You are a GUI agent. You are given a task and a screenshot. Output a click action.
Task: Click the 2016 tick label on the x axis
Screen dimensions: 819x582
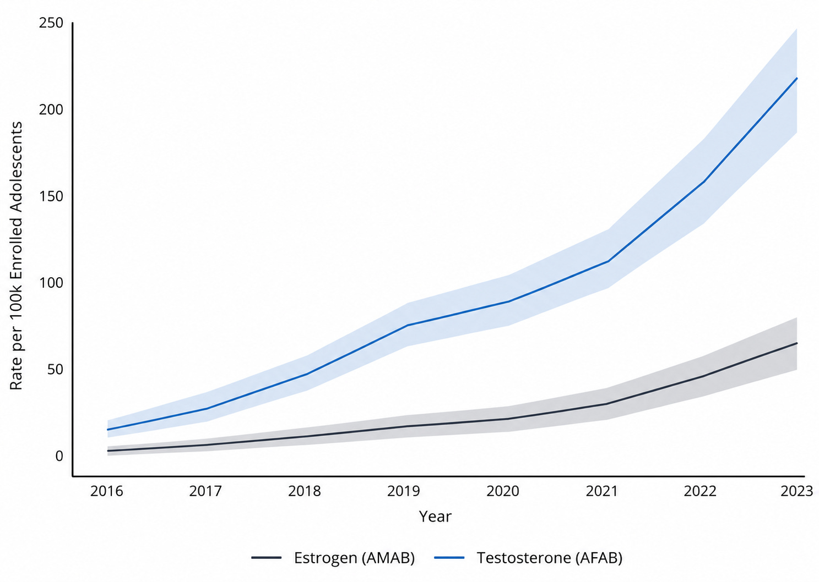coord(107,491)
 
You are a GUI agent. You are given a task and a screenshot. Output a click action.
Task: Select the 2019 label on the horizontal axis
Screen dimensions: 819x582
coord(404,491)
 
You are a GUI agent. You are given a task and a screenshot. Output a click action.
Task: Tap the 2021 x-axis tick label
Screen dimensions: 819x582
coord(602,491)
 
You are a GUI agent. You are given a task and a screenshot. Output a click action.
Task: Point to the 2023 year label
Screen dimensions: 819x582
coord(797,491)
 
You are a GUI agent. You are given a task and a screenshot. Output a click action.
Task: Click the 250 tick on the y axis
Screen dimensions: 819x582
coord(51,23)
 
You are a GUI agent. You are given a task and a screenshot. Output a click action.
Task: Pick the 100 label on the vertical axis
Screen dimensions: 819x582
coord(51,283)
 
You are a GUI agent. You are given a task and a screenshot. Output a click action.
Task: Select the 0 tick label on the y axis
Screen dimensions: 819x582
coord(59,456)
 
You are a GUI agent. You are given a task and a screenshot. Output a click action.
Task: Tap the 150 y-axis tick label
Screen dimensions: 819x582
coord(51,196)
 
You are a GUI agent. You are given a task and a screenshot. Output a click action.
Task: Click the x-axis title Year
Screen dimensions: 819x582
coord(435,517)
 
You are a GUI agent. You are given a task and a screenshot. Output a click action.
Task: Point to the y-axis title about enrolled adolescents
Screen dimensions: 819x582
coord(16,256)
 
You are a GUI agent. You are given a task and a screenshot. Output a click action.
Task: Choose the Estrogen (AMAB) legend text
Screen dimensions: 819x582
coord(354,558)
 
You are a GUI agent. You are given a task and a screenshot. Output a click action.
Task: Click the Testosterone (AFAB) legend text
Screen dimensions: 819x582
coord(550,558)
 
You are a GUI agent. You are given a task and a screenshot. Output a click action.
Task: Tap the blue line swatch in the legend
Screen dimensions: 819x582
coord(449,558)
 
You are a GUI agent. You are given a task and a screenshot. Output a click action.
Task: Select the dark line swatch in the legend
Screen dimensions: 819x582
coord(267,558)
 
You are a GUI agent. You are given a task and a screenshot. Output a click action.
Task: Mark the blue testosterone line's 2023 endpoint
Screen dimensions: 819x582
coord(797,78)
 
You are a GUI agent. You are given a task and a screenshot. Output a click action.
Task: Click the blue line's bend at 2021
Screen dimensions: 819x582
coord(608,261)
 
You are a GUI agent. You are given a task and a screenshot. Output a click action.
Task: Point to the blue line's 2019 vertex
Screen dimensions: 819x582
coord(408,325)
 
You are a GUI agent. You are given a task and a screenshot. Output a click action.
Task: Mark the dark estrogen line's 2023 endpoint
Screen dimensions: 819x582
coord(797,343)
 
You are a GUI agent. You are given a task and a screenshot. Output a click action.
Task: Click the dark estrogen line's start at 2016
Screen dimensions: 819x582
coord(108,451)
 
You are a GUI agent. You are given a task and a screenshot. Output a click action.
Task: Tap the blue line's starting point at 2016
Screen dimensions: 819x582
coord(108,430)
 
